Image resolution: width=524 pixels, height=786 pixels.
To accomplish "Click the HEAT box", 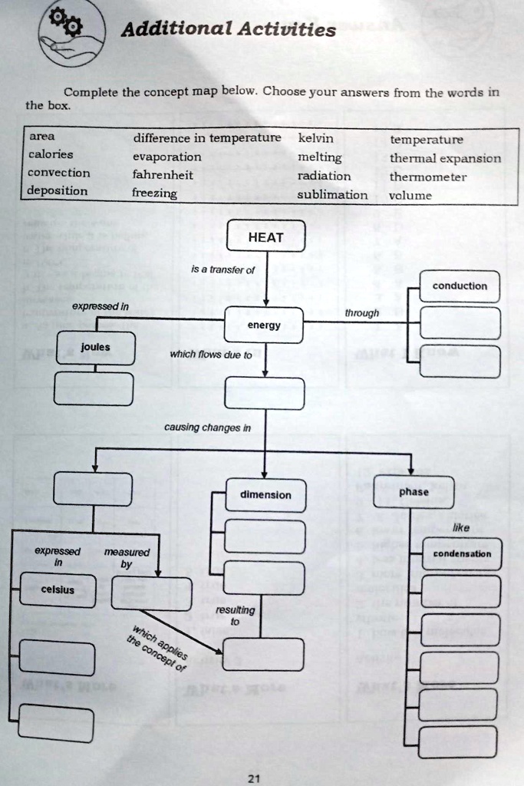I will coord(265,237).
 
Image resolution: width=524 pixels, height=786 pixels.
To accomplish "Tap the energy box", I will coord(264,325).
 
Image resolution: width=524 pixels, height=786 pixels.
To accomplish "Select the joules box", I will coord(95,348).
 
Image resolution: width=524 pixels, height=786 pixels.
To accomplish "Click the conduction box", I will coord(460,286).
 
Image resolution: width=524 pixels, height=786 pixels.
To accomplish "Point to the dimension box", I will coord(265,495).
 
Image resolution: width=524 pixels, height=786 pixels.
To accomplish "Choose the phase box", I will coord(414,492).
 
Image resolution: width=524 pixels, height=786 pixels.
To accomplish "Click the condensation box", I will coord(462,553).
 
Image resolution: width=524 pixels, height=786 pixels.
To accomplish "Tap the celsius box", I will coord(58,589).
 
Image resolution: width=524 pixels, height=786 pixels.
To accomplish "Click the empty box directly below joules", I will coord(95,388).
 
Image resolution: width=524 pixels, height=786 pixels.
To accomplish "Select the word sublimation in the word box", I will coord(332,195).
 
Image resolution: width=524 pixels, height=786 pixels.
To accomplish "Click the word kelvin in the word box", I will coord(315,139).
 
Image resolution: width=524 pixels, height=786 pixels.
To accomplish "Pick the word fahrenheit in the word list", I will coord(163,175).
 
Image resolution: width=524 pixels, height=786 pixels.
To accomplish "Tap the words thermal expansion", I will coord(445,158).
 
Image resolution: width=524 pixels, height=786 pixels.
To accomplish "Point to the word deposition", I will coord(58,190).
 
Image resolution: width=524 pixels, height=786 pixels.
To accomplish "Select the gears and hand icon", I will coord(70,33).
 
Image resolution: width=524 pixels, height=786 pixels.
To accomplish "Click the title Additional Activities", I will coord(229,30).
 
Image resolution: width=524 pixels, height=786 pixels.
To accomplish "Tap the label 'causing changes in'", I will coord(207,428).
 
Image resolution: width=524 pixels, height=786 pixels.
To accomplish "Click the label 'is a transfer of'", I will coord(223,269).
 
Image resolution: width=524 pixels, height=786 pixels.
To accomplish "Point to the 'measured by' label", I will coord(127,558).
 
